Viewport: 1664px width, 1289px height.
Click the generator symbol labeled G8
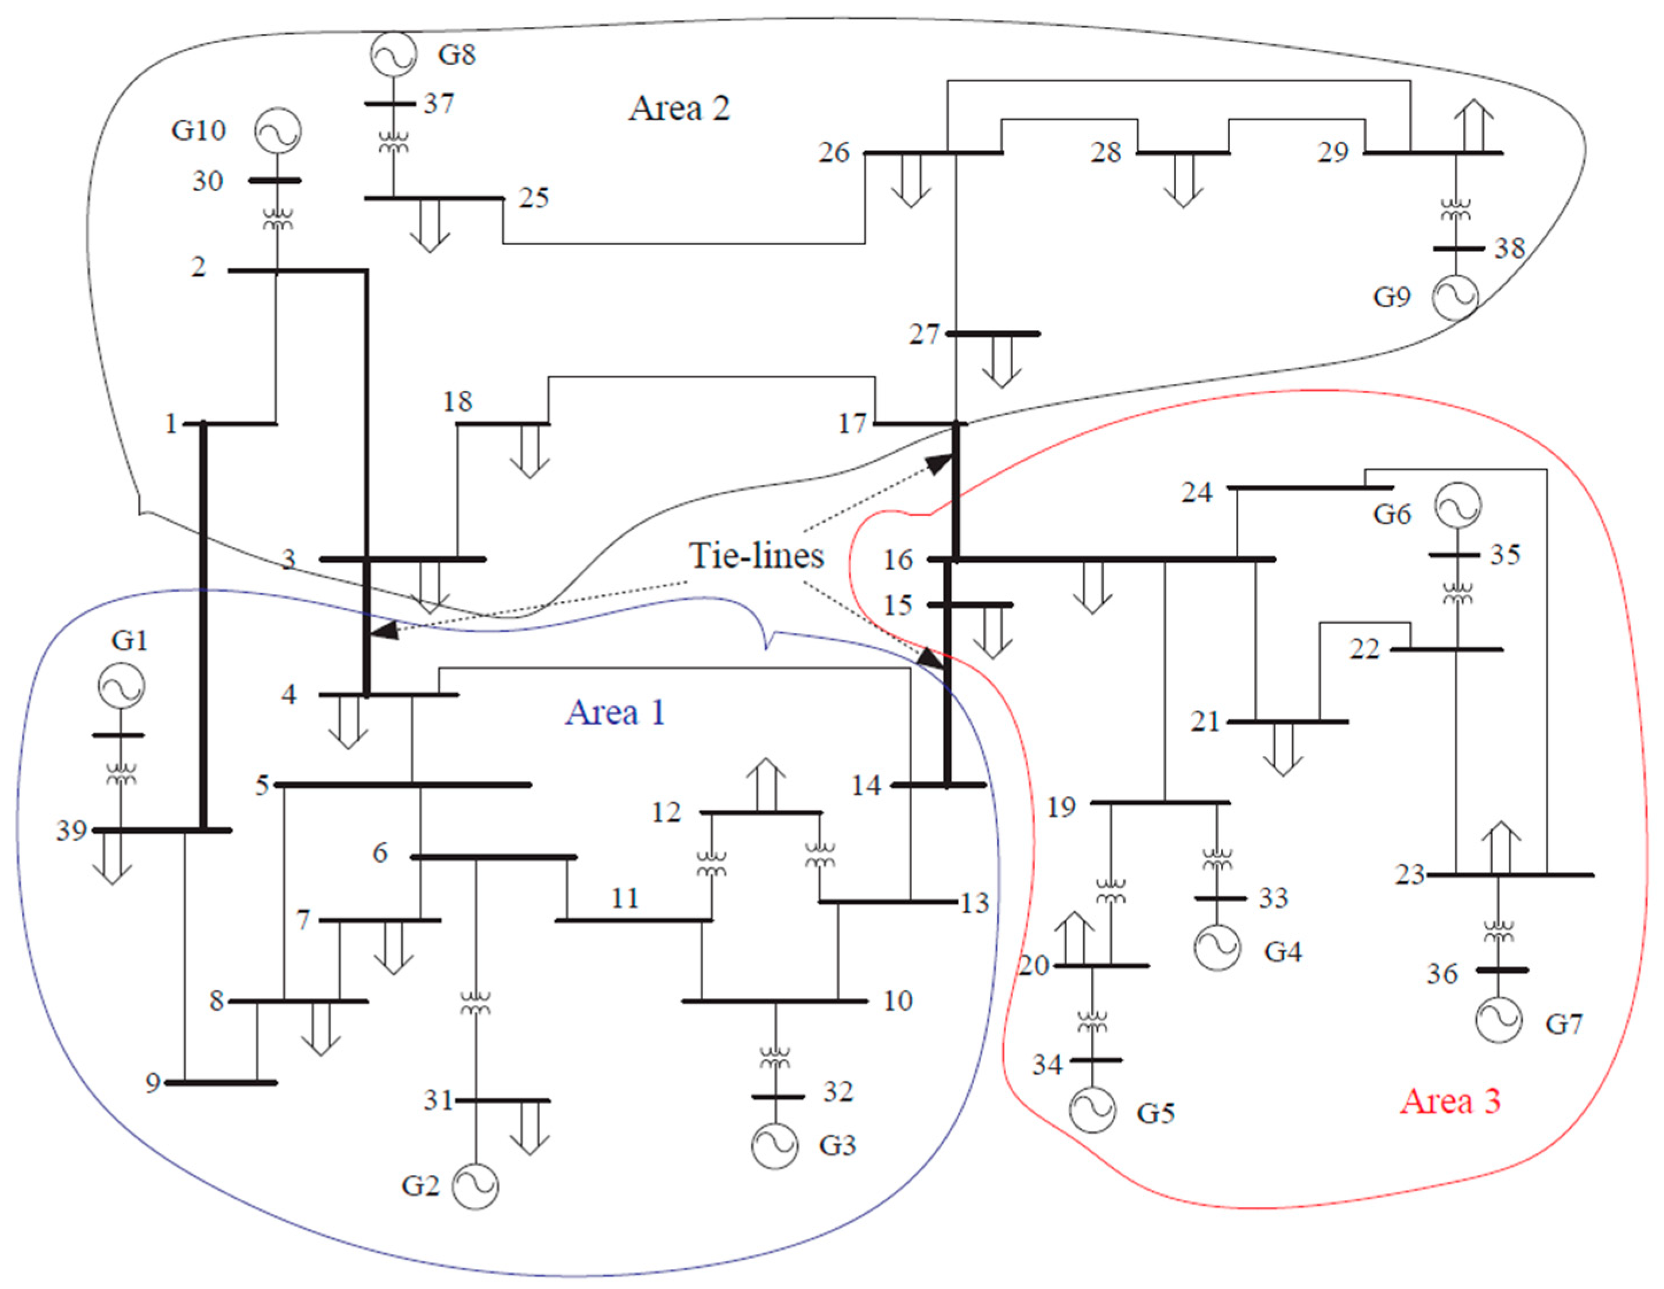pos(393,54)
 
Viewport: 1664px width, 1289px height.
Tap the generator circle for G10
pos(277,131)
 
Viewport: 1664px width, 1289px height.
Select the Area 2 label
pos(679,108)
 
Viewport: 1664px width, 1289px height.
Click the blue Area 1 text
pos(615,712)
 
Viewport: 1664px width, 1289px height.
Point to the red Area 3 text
pos(1450,1101)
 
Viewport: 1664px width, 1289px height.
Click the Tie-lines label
pos(756,556)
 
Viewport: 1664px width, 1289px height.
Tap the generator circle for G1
pos(121,686)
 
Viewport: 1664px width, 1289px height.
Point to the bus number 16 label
pos(898,560)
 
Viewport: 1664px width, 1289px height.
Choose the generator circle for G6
pos(1457,505)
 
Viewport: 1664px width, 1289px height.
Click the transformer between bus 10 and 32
pos(775,1057)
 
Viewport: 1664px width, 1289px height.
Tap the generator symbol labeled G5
pos(1092,1110)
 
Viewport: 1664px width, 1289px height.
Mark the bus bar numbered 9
pos(221,1082)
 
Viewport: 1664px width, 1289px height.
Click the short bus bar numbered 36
pos(1502,970)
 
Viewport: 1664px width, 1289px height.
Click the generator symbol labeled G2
pos(475,1186)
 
